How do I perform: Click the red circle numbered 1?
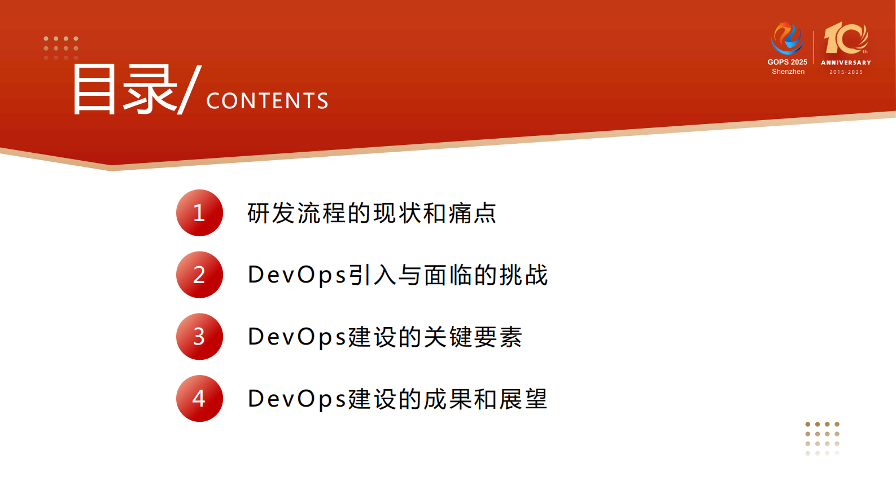199,213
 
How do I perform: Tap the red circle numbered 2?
199,275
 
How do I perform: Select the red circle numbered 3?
199,337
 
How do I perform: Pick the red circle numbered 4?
199,399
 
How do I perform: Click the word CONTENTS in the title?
267,101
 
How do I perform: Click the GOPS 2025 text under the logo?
787,62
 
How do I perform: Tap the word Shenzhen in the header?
788,72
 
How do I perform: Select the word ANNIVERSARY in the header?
846,63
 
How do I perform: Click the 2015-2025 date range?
846,72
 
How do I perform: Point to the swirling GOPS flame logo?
787,38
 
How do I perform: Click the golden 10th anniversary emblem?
846,38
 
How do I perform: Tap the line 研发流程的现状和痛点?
371,213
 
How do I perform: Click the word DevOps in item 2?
297,275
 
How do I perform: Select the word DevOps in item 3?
297,337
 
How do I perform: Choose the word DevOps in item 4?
297,399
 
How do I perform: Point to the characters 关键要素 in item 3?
473,337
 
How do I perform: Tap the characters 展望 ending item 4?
523,399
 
